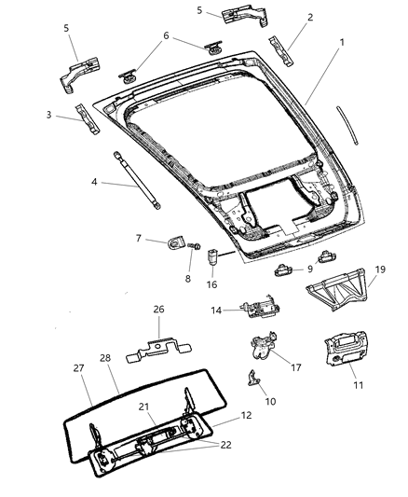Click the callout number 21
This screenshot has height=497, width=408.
pos(144,407)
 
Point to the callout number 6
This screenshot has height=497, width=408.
pos(166,35)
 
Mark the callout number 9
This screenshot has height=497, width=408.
pos(309,269)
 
